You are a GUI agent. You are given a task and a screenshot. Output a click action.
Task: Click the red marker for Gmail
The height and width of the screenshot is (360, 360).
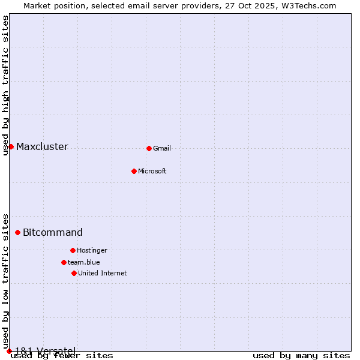pyautogui.click(x=149, y=148)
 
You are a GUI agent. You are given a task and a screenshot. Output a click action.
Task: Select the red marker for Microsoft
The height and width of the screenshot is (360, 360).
pyautogui.click(x=134, y=171)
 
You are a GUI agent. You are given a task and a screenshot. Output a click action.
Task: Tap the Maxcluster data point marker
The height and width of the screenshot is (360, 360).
pyautogui.click(x=11, y=146)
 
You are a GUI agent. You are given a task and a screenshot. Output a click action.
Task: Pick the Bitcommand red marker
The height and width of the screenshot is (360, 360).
pyautogui.click(x=17, y=232)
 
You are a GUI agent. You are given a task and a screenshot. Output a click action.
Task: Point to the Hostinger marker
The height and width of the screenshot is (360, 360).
pyautogui.click(x=73, y=250)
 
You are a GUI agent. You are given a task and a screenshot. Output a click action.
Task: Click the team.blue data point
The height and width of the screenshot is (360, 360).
pyautogui.click(x=64, y=262)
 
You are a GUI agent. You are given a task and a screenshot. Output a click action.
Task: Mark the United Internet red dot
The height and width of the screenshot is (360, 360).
pyautogui.click(x=74, y=273)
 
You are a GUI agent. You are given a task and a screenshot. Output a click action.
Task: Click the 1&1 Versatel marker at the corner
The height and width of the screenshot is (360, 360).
pyautogui.click(x=9, y=351)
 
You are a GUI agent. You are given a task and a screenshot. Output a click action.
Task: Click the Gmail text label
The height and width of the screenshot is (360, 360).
pyautogui.click(x=162, y=148)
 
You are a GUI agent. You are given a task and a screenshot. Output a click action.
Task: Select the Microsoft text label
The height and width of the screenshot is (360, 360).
pyautogui.click(x=152, y=171)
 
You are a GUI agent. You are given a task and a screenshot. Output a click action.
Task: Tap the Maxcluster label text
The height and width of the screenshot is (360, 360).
pyautogui.click(x=42, y=146)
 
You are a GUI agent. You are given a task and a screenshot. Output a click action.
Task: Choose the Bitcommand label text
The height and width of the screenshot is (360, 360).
pyautogui.click(x=53, y=232)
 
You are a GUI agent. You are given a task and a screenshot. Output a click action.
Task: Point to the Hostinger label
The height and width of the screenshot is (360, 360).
pyautogui.click(x=92, y=250)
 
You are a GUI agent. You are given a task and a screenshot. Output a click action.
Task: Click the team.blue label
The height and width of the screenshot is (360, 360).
pyautogui.click(x=84, y=262)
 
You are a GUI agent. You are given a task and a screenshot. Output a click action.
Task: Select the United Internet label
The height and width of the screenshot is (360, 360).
pyautogui.click(x=103, y=273)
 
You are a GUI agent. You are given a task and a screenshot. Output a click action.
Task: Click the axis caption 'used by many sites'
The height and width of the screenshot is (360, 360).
pyautogui.click(x=301, y=356)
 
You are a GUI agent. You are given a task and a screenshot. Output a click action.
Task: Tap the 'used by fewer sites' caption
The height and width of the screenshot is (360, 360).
pyautogui.click(x=62, y=356)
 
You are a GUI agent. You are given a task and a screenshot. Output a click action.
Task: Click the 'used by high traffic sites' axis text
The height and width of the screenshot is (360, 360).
pyautogui.click(x=5, y=85)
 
